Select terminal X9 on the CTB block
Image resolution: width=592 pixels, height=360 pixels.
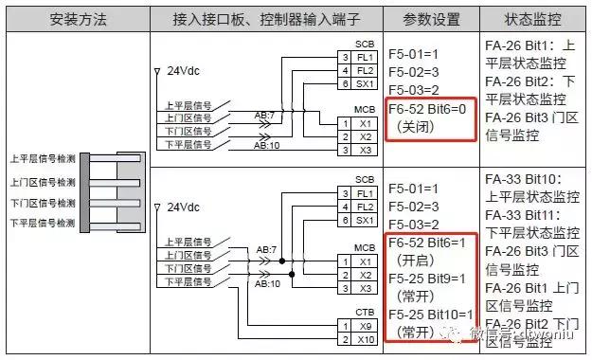click(x=365, y=325)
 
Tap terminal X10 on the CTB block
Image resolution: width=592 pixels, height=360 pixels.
click(x=365, y=338)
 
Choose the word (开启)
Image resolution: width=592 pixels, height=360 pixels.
click(x=417, y=259)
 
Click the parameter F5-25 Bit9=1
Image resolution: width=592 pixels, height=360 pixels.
click(x=430, y=279)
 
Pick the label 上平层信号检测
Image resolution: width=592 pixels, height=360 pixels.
click(x=41, y=158)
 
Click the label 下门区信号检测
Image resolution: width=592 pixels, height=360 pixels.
click(x=41, y=203)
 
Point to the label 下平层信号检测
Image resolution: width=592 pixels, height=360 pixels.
click(x=41, y=224)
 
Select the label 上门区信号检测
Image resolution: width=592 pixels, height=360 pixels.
click(x=41, y=182)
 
